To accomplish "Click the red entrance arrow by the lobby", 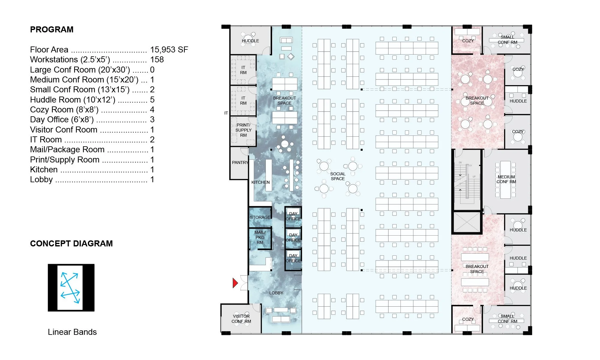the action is pyautogui.click(x=235, y=283).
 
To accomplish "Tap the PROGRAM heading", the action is pyautogui.click(x=52, y=29).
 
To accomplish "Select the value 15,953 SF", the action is pyautogui.click(x=169, y=49).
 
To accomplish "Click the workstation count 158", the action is pyautogui.click(x=157, y=59).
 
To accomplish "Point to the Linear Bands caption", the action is pyautogui.click(x=72, y=332).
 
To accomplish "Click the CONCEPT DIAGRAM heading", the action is pyautogui.click(x=71, y=243).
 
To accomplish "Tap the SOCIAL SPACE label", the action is pyautogui.click(x=338, y=176).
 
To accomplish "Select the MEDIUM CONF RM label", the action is pyautogui.click(x=506, y=179).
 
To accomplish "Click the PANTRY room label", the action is pyautogui.click(x=240, y=162).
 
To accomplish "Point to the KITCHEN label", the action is pyautogui.click(x=260, y=182).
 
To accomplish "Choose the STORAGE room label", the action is pyautogui.click(x=260, y=217).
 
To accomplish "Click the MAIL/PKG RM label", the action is pyautogui.click(x=260, y=237).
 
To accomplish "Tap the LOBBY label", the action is pyautogui.click(x=276, y=293).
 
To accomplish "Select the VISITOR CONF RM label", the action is pyautogui.click(x=241, y=319).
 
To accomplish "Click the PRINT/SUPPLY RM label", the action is pyautogui.click(x=243, y=130).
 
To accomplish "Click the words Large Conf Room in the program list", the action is pyautogui.click(x=63, y=70).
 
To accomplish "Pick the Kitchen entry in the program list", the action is pyautogui.click(x=44, y=169).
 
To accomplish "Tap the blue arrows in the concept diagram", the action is pyautogui.click(x=70, y=288).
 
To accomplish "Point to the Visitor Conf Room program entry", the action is pyautogui.click(x=64, y=129).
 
